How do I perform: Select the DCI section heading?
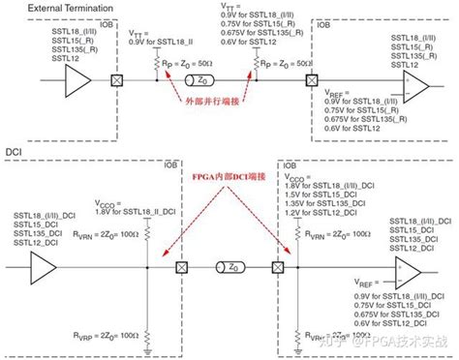tap(16, 152)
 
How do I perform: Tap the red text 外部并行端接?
tap(214, 101)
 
